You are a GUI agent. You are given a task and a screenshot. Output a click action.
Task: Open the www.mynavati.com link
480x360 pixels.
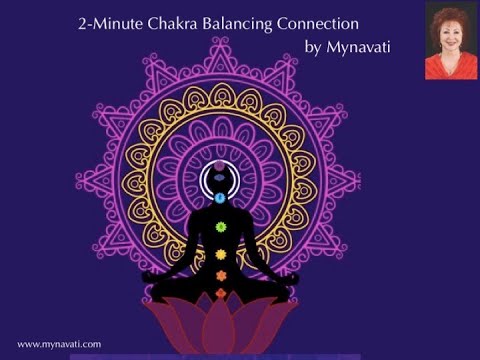click(59, 344)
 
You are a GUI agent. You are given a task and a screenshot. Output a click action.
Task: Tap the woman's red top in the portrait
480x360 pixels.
click(450, 67)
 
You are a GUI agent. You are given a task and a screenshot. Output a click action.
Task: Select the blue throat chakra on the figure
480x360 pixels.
click(221, 199)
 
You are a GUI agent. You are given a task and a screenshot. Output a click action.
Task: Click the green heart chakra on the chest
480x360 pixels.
click(221, 227)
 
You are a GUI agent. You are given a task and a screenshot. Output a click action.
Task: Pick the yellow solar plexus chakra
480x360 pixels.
click(221, 254)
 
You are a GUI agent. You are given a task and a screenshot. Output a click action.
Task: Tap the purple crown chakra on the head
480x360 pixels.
click(221, 166)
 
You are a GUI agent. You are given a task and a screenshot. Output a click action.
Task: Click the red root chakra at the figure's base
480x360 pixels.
click(221, 293)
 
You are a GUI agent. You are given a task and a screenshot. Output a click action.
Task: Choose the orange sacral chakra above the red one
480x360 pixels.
click(221, 274)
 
